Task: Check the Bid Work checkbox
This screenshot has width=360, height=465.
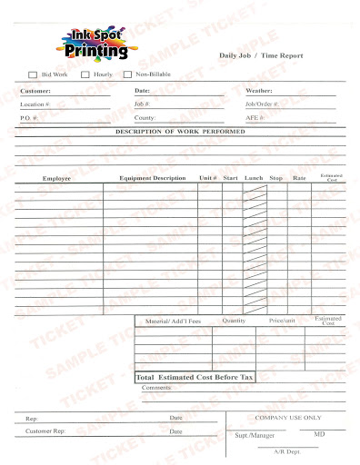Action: pos(34,74)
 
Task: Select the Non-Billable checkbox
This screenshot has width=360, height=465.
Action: pos(127,74)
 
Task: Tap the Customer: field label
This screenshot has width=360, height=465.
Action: pos(35,91)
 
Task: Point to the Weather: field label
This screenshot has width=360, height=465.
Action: pos(260,91)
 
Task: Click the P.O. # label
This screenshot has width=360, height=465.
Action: pos(29,118)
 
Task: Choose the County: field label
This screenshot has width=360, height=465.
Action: pos(145,118)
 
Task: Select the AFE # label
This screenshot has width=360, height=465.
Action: pos(255,118)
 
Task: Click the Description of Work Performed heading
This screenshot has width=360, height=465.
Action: pos(179,133)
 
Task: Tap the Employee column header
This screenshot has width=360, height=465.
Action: pos(56,178)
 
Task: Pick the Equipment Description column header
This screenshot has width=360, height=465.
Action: pos(152,178)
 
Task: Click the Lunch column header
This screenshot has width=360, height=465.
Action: pos(254,178)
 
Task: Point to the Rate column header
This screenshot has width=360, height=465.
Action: pos(299,178)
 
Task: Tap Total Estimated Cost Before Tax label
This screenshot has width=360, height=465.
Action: pos(195,376)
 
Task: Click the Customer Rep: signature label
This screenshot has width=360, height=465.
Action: pos(45,431)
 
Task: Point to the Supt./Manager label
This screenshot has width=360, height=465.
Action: pos(255,436)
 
